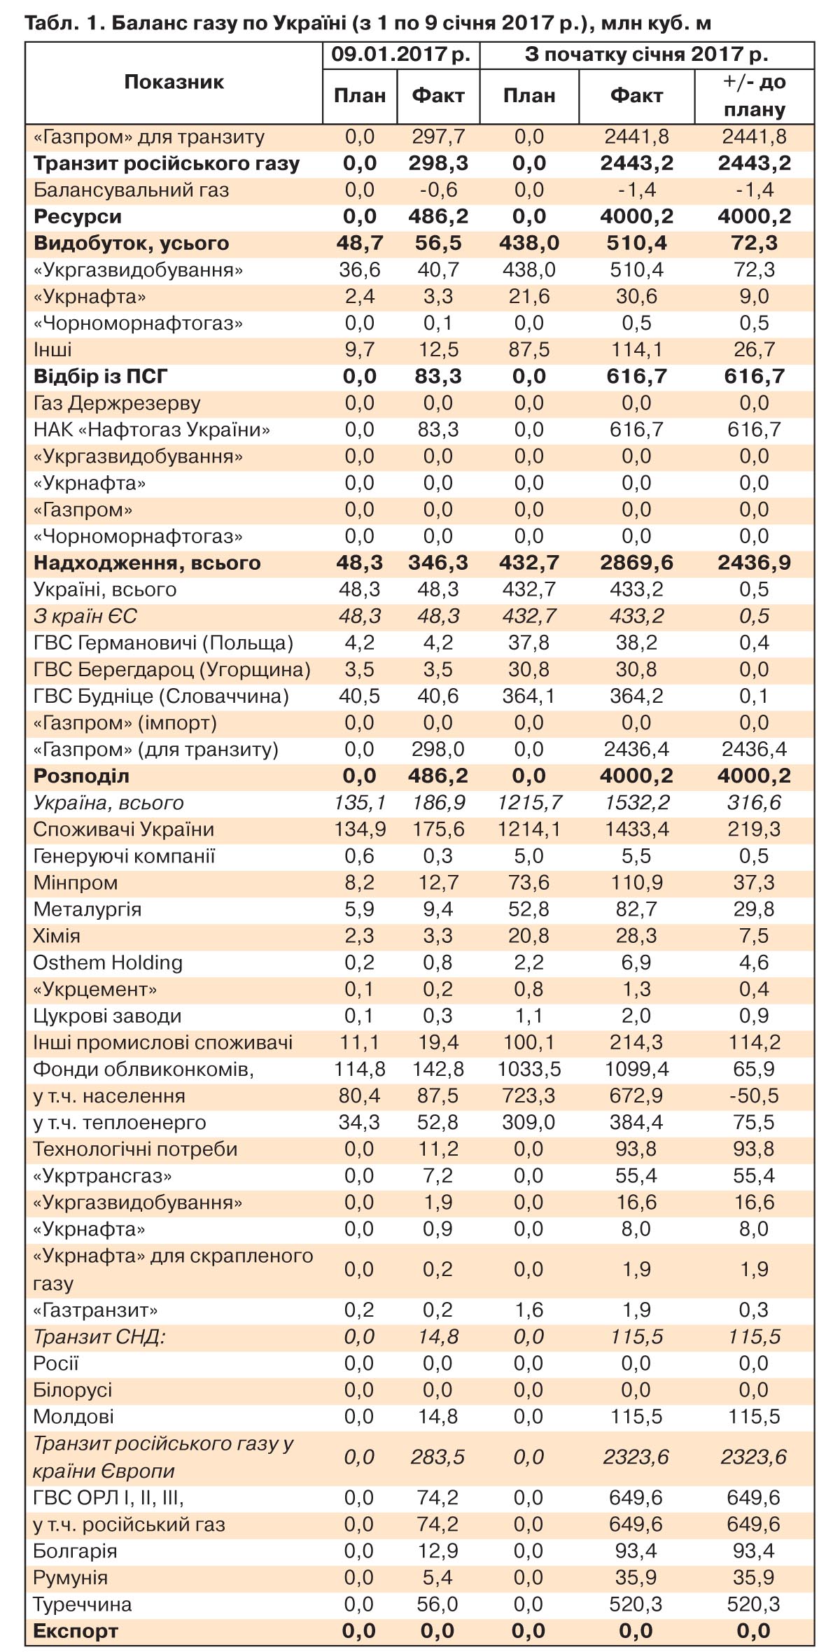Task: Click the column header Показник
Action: pyautogui.click(x=174, y=82)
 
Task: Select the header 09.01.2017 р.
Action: pyautogui.click(x=400, y=55)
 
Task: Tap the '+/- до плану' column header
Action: pyautogui.click(x=754, y=95)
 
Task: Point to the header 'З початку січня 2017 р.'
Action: pyautogui.click(x=646, y=55)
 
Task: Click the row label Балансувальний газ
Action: pyautogui.click(x=131, y=190)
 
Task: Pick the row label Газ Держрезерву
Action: pyautogui.click(x=117, y=403)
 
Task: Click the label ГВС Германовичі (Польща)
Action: pyautogui.click(x=163, y=643)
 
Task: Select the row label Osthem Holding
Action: pyautogui.click(x=108, y=962)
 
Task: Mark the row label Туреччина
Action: pyautogui.click(x=83, y=1604)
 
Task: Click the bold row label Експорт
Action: pyautogui.click(x=76, y=1631)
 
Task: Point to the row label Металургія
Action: pyautogui.click(x=87, y=909)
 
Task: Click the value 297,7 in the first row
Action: pyautogui.click(x=438, y=136)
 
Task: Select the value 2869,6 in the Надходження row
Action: pyautogui.click(x=636, y=563)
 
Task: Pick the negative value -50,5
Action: pyautogui.click(x=754, y=1095)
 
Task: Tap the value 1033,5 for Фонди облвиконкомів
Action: pyautogui.click(x=529, y=1069)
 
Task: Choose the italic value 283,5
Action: pyautogui.click(x=438, y=1457)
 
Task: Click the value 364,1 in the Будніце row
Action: pyautogui.click(x=529, y=696)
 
